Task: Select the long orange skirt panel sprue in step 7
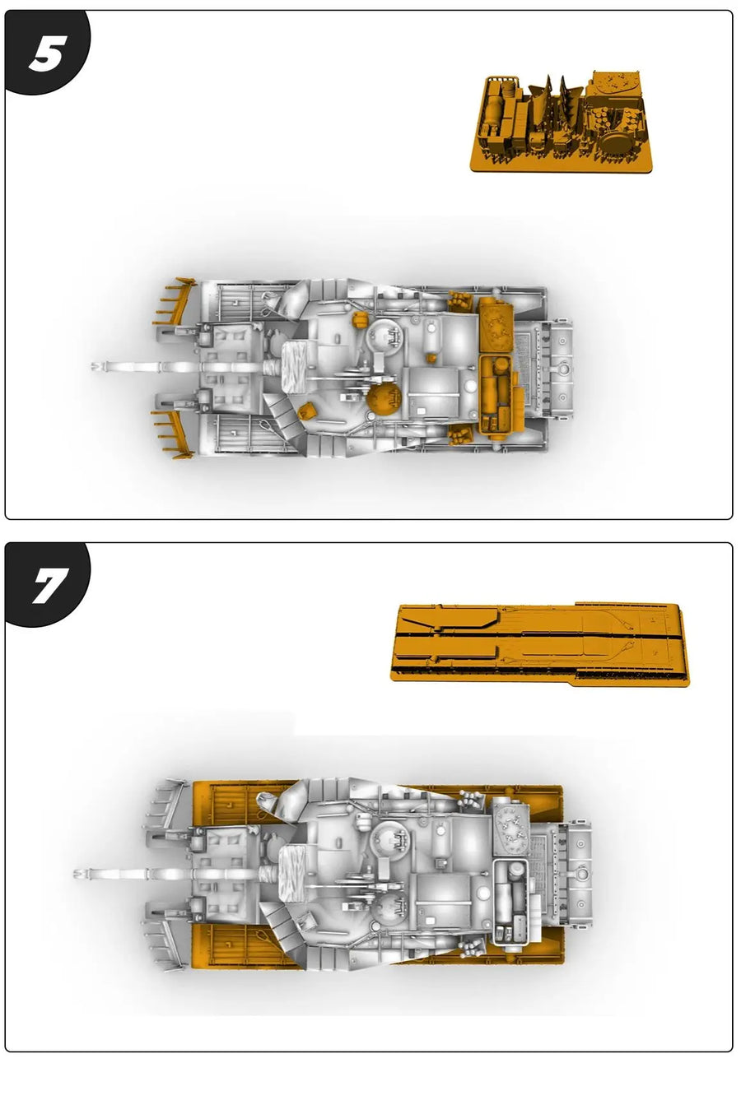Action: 540,644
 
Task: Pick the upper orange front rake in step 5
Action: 175,303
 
